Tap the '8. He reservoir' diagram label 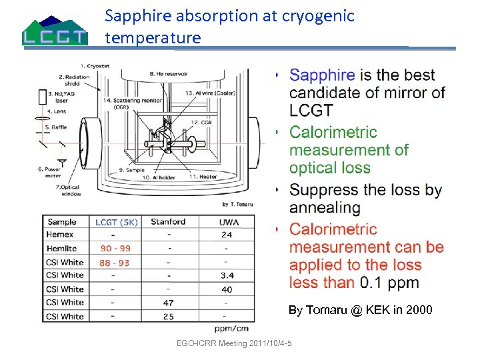(169, 73)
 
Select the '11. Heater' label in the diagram (203, 177)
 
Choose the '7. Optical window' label (69, 191)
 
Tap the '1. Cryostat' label (95, 65)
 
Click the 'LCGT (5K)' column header (116, 222)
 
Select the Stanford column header (168, 222)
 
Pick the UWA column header (227, 222)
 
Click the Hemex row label (60, 235)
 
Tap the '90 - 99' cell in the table (115, 249)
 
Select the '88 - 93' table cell (115, 262)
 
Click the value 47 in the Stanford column (169, 303)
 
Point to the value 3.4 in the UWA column (227, 275)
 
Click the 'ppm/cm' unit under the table (233, 329)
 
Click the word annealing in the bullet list (325, 207)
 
